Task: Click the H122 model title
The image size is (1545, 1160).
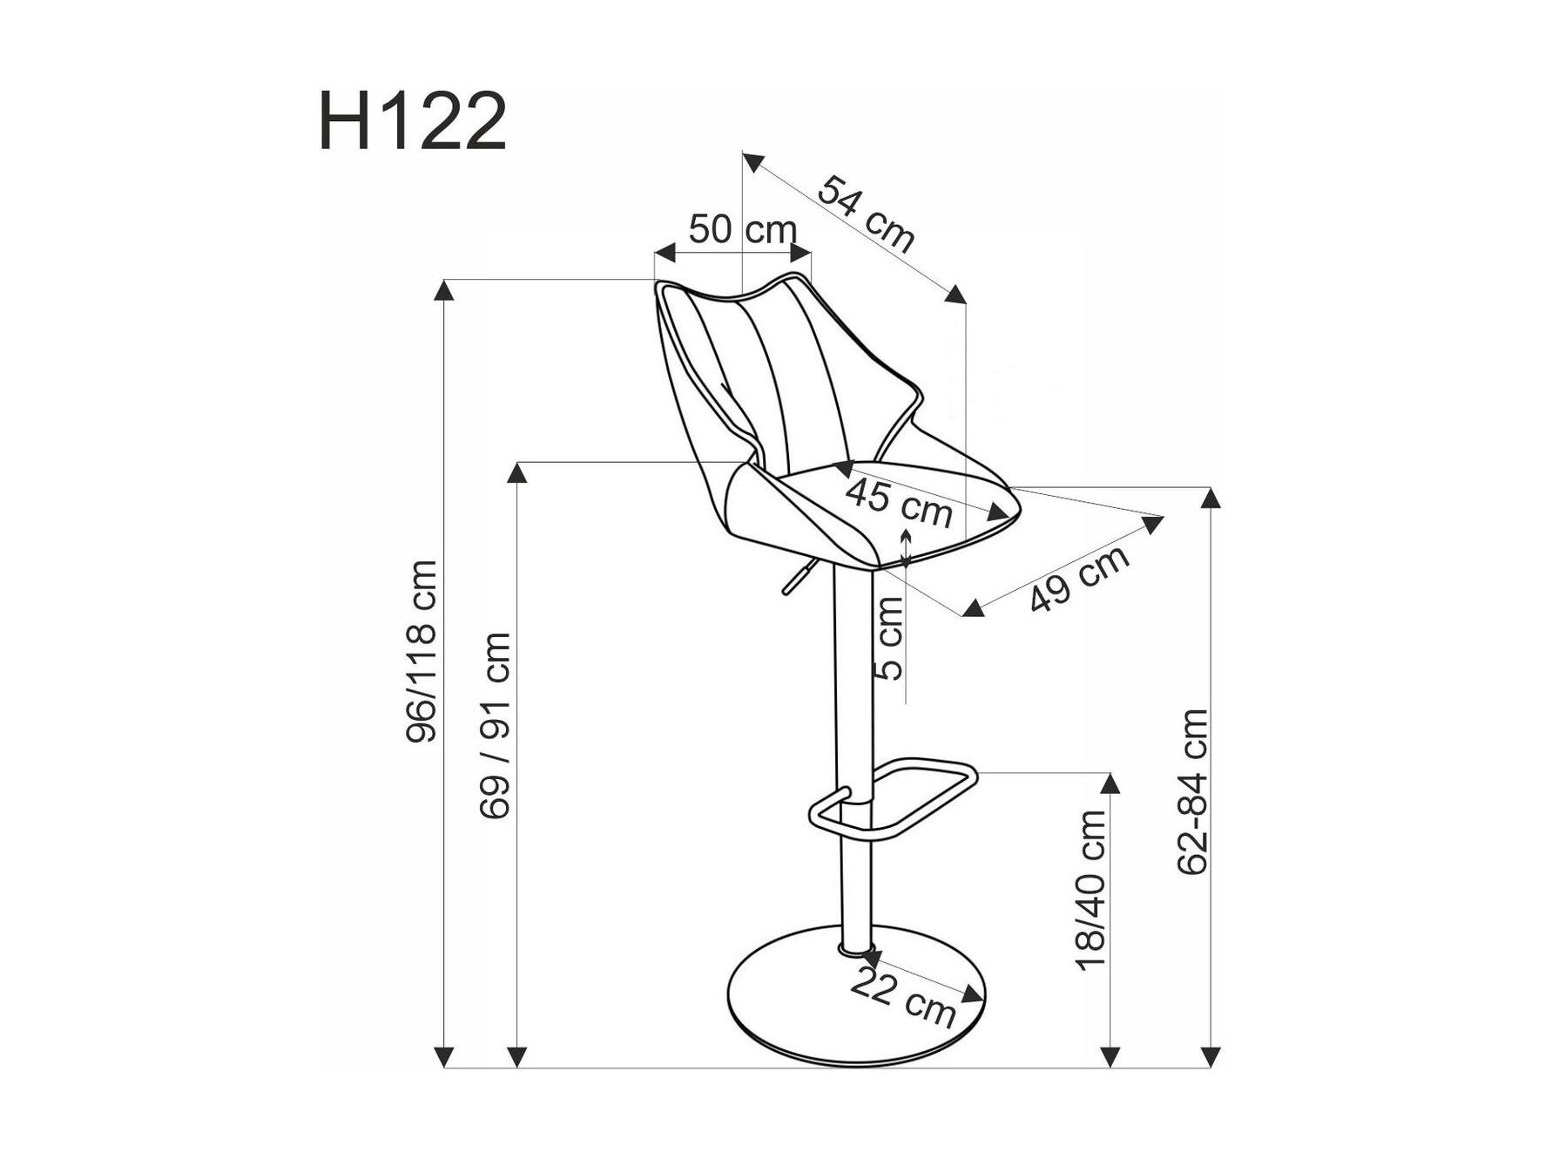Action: point(413,122)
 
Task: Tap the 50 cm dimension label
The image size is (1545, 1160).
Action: point(743,230)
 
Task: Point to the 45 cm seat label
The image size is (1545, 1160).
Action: point(900,504)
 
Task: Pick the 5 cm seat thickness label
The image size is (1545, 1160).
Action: point(889,639)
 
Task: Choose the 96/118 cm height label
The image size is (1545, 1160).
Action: point(422,652)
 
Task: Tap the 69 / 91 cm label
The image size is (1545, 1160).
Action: point(495,726)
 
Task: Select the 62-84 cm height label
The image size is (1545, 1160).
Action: point(1192,791)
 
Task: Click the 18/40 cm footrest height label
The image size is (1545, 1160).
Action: point(1090,890)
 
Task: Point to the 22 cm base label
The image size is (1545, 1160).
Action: point(903,998)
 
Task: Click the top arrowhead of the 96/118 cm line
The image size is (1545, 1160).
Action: point(445,289)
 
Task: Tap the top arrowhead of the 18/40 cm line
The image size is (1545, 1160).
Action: point(1110,783)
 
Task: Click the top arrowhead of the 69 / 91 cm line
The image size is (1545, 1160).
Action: point(517,471)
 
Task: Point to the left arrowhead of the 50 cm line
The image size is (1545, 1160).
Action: point(665,254)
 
